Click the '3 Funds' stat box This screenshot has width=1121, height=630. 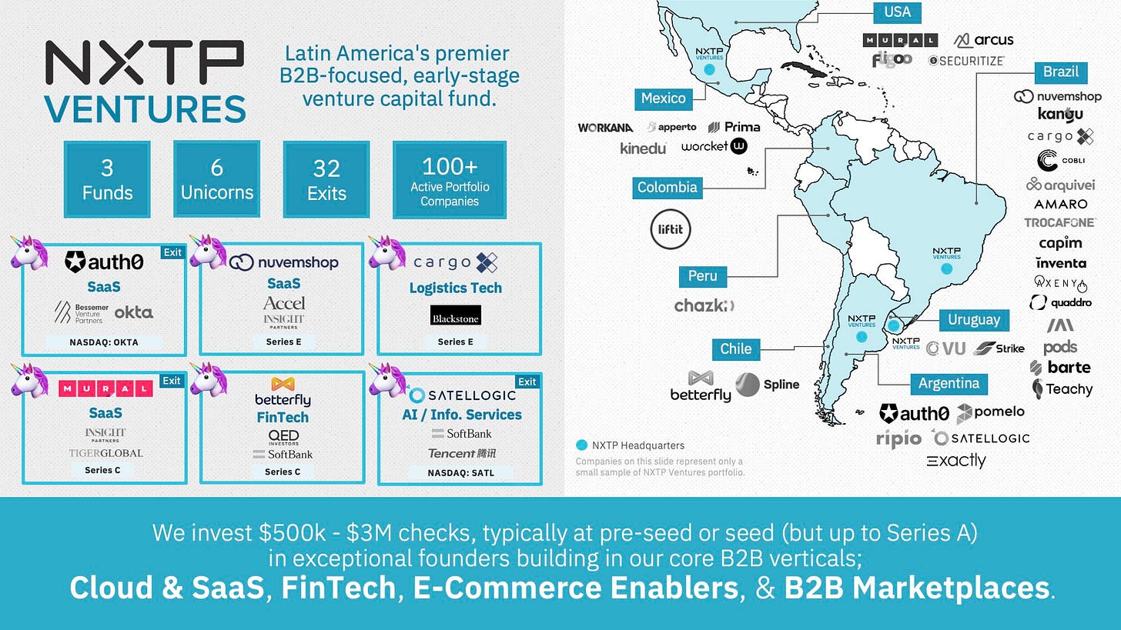(x=107, y=179)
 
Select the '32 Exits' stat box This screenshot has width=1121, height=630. (x=326, y=179)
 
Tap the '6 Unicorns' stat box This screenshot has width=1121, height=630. (x=216, y=179)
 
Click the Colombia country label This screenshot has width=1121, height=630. (x=668, y=187)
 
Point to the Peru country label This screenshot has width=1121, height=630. (x=702, y=275)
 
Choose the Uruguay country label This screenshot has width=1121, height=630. (x=974, y=320)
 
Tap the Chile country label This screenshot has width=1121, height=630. (x=735, y=348)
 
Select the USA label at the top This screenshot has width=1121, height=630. (x=897, y=12)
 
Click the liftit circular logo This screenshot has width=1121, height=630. (x=671, y=228)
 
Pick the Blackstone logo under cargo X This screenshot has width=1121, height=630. (x=455, y=315)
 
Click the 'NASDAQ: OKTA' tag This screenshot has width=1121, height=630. (x=102, y=342)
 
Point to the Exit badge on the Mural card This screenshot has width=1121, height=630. (x=172, y=381)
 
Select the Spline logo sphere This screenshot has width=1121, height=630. (x=748, y=385)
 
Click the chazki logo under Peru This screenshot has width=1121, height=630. (x=704, y=305)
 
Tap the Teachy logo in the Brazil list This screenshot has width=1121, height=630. (x=1062, y=389)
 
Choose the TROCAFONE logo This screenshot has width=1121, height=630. (x=1059, y=222)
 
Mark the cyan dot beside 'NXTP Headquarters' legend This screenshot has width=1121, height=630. (x=582, y=445)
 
